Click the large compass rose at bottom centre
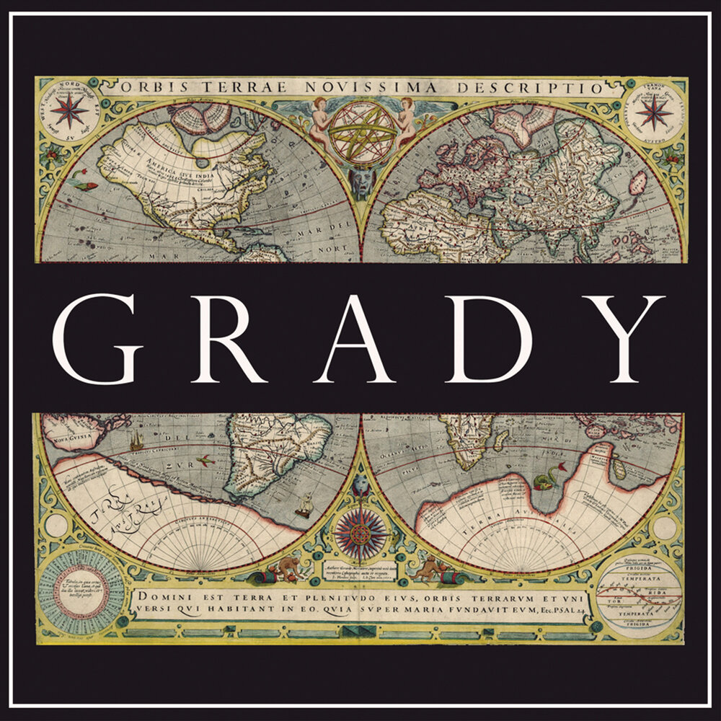[x=360, y=534]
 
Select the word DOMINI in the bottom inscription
[x=167, y=596]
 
